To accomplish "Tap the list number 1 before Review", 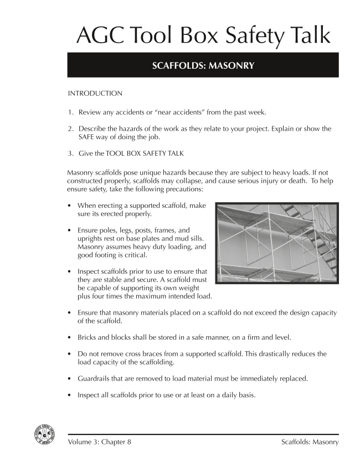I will click(x=70, y=112).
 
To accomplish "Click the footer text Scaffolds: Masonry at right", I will click(x=310, y=442).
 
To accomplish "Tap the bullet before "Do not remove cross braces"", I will click(x=70, y=354).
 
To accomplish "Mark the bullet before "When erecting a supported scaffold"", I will click(x=70, y=206).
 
